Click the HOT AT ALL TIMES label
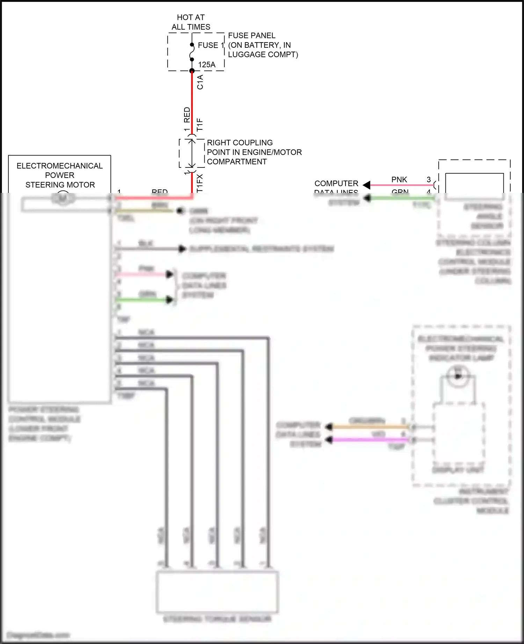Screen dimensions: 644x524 click(191, 22)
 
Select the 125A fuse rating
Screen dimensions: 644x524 click(206, 65)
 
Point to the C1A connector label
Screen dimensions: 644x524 click(200, 82)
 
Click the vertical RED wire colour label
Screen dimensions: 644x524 click(187, 115)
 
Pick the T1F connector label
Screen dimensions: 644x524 click(199, 125)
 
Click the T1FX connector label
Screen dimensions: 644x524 click(199, 183)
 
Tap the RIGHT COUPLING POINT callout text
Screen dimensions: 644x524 click(254, 152)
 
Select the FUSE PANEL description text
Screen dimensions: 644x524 click(263, 45)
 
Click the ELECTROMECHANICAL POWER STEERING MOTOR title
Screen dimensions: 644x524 click(60, 175)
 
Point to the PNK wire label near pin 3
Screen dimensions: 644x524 click(399, 180)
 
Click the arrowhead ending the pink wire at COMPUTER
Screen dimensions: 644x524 click(366, 185)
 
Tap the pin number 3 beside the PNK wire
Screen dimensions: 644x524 click(429, 180)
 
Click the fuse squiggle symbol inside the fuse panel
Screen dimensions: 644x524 click(192, 52)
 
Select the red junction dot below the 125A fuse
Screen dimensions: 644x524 click(192, 71)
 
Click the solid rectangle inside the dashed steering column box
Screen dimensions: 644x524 click(474, 186)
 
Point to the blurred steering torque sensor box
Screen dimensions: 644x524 click(217, 592)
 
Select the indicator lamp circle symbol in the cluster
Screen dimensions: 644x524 click(458, 376)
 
